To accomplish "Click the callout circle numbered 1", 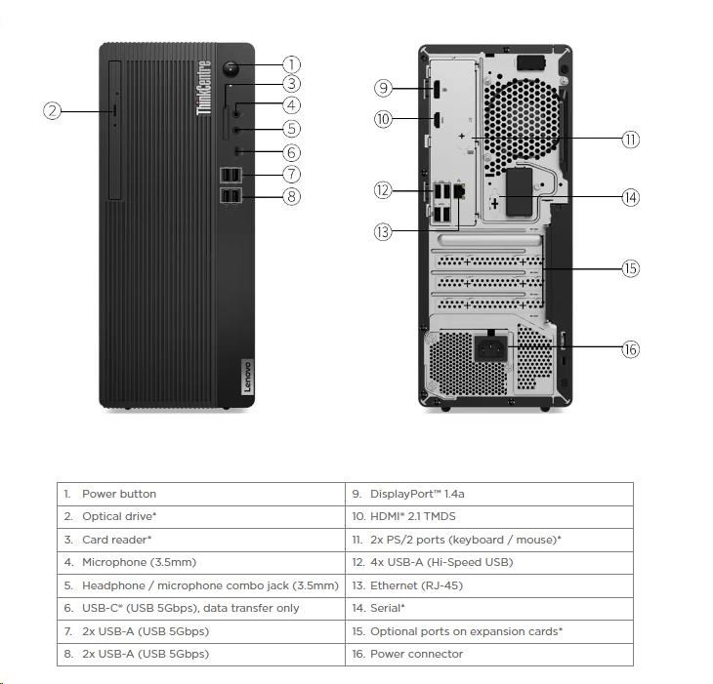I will click(291, 65).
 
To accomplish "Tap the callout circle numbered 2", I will click(54, 111).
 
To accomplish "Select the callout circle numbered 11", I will click(631, 140).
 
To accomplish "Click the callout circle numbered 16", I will click(631, 349).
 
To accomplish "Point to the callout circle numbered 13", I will click(383, 231).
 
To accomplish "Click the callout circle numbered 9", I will click(383, 88).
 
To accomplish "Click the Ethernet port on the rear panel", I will click(462, 190).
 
